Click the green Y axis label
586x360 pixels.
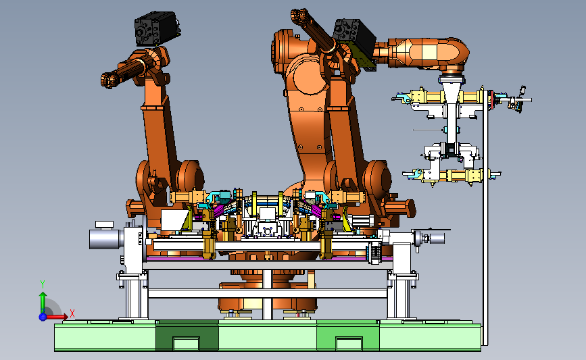43,284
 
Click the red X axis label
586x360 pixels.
72,313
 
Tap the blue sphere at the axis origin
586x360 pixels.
43,317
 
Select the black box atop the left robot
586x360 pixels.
156,28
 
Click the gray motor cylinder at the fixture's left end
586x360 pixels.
106,238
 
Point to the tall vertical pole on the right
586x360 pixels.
485,216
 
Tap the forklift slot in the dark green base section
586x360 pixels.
186,344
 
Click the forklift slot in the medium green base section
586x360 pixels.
349,344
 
